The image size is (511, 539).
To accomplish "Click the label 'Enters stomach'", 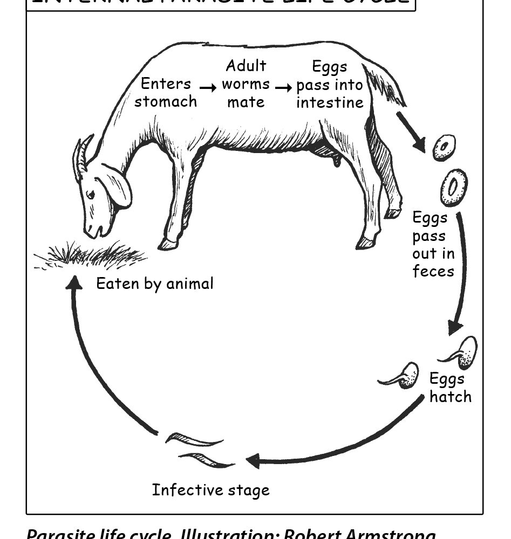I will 166,93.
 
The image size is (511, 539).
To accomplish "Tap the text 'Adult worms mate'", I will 246,84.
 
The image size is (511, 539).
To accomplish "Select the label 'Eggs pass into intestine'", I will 329,85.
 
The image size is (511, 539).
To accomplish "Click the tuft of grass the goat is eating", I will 92,253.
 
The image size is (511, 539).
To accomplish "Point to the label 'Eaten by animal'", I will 155,284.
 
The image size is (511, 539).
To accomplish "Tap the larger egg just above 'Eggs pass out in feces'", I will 453,187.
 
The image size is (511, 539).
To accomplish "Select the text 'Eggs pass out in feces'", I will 433,244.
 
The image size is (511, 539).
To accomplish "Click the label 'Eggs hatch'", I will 449,388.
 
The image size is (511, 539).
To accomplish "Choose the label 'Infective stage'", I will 210,490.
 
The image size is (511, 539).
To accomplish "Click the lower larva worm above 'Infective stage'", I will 208,460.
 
